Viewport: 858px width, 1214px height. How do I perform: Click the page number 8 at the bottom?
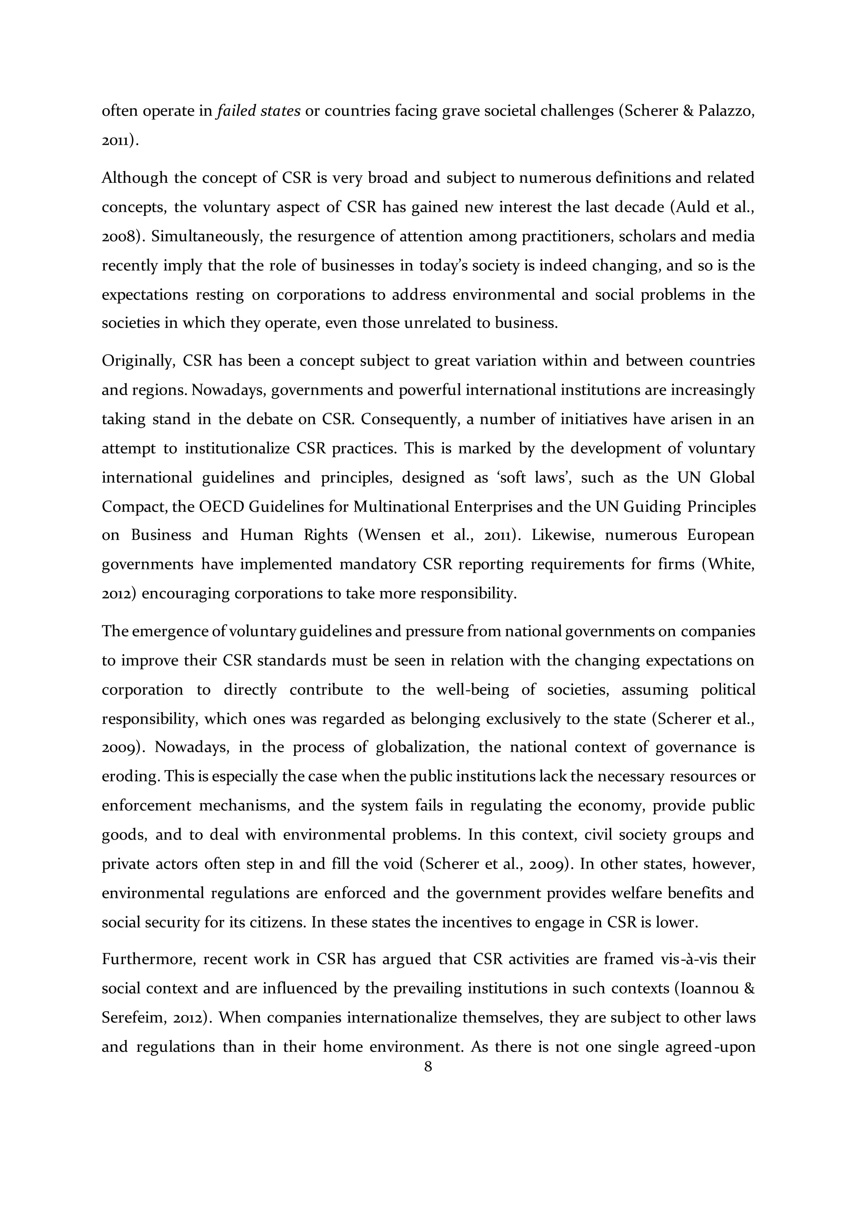pyautogui.click(x=428, y=1066)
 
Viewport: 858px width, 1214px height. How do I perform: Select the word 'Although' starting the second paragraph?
pyautogui.click(x=134, y=178)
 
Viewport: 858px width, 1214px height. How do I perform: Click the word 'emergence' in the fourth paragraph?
pyautogui.click(x=168, y=631)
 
